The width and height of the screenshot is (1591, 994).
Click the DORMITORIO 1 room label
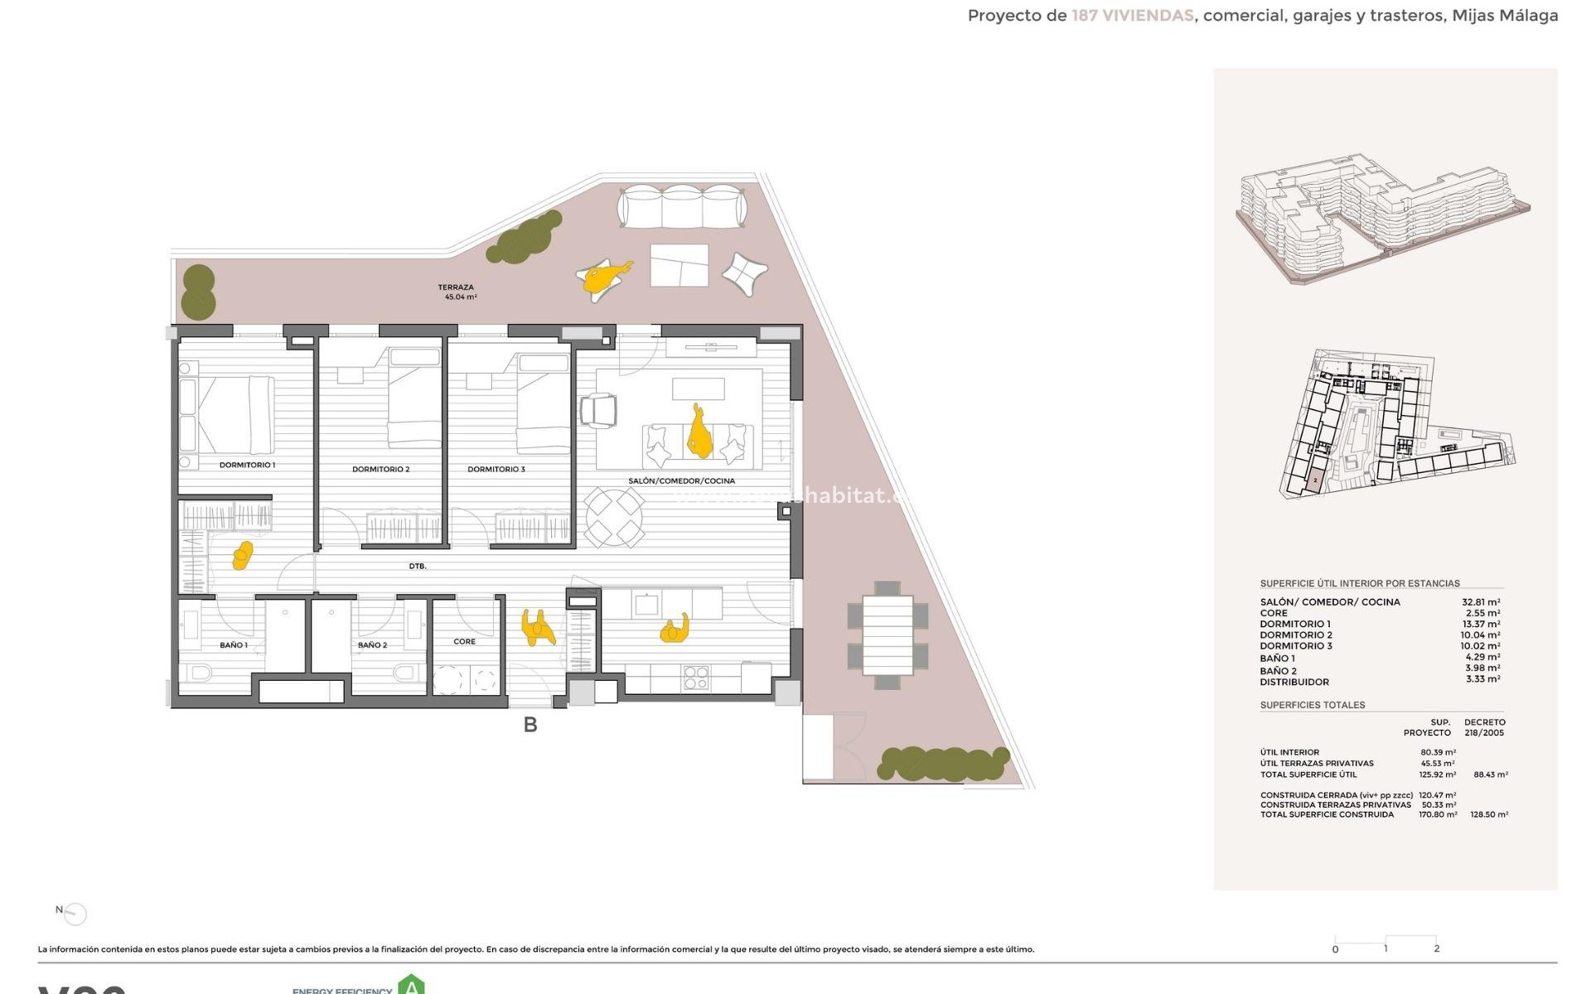point(247,466)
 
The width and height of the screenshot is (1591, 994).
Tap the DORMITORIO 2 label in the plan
point(380,470)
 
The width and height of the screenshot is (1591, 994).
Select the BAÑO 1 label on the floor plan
point(234,645)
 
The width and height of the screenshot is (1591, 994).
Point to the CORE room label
point(464,642)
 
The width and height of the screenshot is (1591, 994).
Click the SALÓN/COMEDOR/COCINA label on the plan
point(681,481)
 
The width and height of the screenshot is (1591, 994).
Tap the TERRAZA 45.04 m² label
point(457,292)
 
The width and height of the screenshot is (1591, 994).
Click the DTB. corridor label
point(418,567)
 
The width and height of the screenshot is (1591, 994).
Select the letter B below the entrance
point(530,726)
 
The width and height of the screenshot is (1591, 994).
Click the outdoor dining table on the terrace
point(887,635)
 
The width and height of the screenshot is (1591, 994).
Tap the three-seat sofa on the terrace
point(681,207)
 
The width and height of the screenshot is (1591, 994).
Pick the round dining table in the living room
point(614,518)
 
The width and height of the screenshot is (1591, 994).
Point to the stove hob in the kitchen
point(695,678)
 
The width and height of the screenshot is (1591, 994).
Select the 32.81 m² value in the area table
point(1481,602)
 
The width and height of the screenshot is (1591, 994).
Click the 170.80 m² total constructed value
point(1438,815)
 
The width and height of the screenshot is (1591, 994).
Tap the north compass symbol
point(75,914)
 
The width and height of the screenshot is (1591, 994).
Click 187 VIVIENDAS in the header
point(1132,16)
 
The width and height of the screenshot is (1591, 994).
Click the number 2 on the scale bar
point(1437,949)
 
